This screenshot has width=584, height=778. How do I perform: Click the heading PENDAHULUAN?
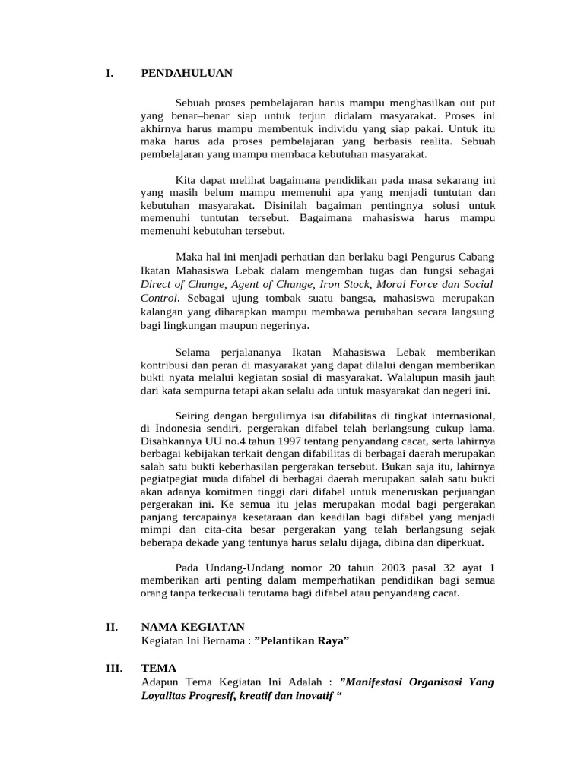point(186,74)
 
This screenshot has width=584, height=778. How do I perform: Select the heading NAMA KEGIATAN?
point(193,627)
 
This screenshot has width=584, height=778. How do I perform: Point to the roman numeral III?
point(114,668)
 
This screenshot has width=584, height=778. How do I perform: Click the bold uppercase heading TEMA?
point(159,668)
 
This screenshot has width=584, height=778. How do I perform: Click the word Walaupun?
point(406,378)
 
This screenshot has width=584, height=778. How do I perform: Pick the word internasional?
point(462,416)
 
